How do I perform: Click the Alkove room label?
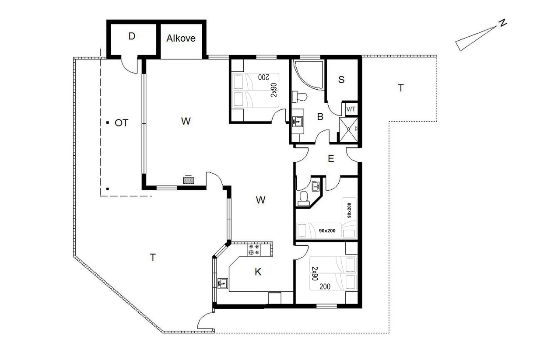pos(181,38)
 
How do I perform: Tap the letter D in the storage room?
pos(132,36)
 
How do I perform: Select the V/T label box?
pos(351,109)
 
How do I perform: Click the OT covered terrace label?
pos(122,123)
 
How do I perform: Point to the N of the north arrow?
pos(503,23)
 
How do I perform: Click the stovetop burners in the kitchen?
pos(254,250)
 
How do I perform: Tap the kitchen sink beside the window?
pos(222,283)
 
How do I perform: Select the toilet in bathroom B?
pos(300,97)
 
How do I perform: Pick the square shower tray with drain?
pos(349,129)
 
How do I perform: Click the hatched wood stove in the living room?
pos(189,180)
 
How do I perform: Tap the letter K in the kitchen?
pos(258,272)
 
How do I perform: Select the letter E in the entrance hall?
pos(331,159)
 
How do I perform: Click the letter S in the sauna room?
pos(341,80)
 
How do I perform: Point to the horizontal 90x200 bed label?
pos(327,231)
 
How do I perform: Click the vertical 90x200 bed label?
pos(349,210)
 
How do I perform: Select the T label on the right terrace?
pos(400,88)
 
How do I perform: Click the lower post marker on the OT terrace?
pos(108,189)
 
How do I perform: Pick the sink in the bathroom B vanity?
pos(298,122)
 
